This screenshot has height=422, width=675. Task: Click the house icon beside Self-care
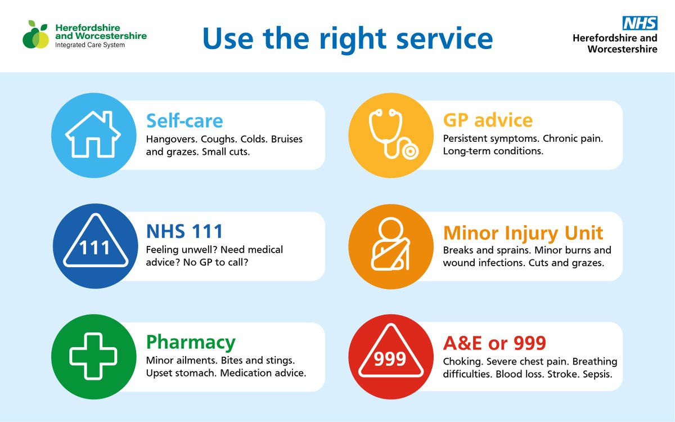(x=93, y=135)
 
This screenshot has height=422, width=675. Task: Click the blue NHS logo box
(x=640, y=23)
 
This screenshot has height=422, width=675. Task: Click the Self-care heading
(x=184, y=120)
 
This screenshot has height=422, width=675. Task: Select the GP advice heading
(x=488, y=120)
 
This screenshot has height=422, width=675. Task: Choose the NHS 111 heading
(x=184, y=231)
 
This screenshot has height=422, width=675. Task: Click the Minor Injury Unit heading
(x=523, y=232)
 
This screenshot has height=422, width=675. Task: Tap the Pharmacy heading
(x=191, y=342)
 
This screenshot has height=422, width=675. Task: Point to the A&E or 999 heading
(x=494, y=343)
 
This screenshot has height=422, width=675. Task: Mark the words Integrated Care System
(x=90, y=45)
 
